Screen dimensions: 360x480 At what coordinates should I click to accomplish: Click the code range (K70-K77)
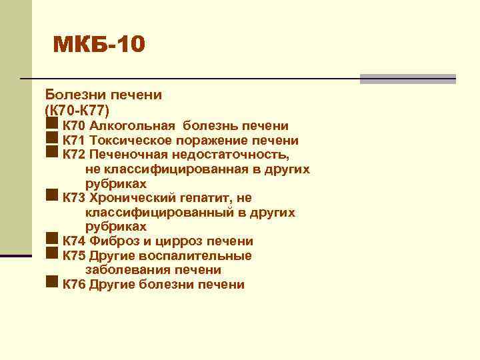click(77, 109)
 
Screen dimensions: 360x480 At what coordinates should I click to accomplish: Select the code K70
click(73, 126)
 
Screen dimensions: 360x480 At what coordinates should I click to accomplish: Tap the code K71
click(73, 141)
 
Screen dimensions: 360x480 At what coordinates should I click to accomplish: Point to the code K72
click(73, 155)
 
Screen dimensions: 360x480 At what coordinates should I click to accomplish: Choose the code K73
click(73, 198)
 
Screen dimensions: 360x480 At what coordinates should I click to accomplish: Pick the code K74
click(73, 241)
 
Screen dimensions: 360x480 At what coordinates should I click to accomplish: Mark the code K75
click(73, 256)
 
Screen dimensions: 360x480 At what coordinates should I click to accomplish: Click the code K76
click(73, 285)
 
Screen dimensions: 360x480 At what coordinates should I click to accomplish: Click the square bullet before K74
click(52, 240)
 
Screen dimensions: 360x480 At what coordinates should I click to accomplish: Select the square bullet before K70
click(52, 125)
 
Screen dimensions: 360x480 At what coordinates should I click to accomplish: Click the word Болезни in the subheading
click(71, 95)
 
